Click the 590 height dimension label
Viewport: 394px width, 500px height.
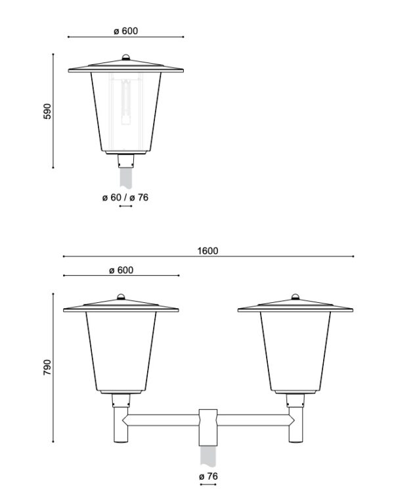(x=47, y=111)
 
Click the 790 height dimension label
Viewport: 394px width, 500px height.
(x=47, y=367)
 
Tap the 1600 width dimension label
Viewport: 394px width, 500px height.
(x=208, y=251)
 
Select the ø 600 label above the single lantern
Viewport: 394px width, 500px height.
(x=126, y=31)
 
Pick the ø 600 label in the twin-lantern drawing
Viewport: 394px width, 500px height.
(x=121, y=270)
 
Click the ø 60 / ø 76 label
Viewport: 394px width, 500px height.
(x=125, y=197)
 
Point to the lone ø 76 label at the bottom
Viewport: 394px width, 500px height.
(x=208, y=476)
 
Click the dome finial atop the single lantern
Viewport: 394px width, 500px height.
(x=126, y=57)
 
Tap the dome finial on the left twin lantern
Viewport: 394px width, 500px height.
(x=121, y=296)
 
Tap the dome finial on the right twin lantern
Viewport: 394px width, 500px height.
(x=295, y=296)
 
